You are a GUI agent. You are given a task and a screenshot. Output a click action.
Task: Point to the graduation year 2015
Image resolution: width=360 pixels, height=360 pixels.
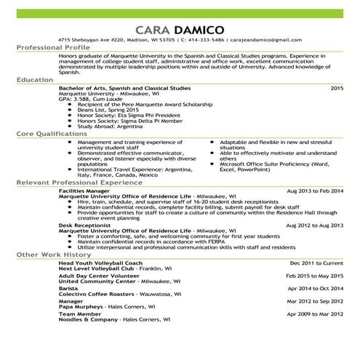pyautogui.click(x=336, y=88)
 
